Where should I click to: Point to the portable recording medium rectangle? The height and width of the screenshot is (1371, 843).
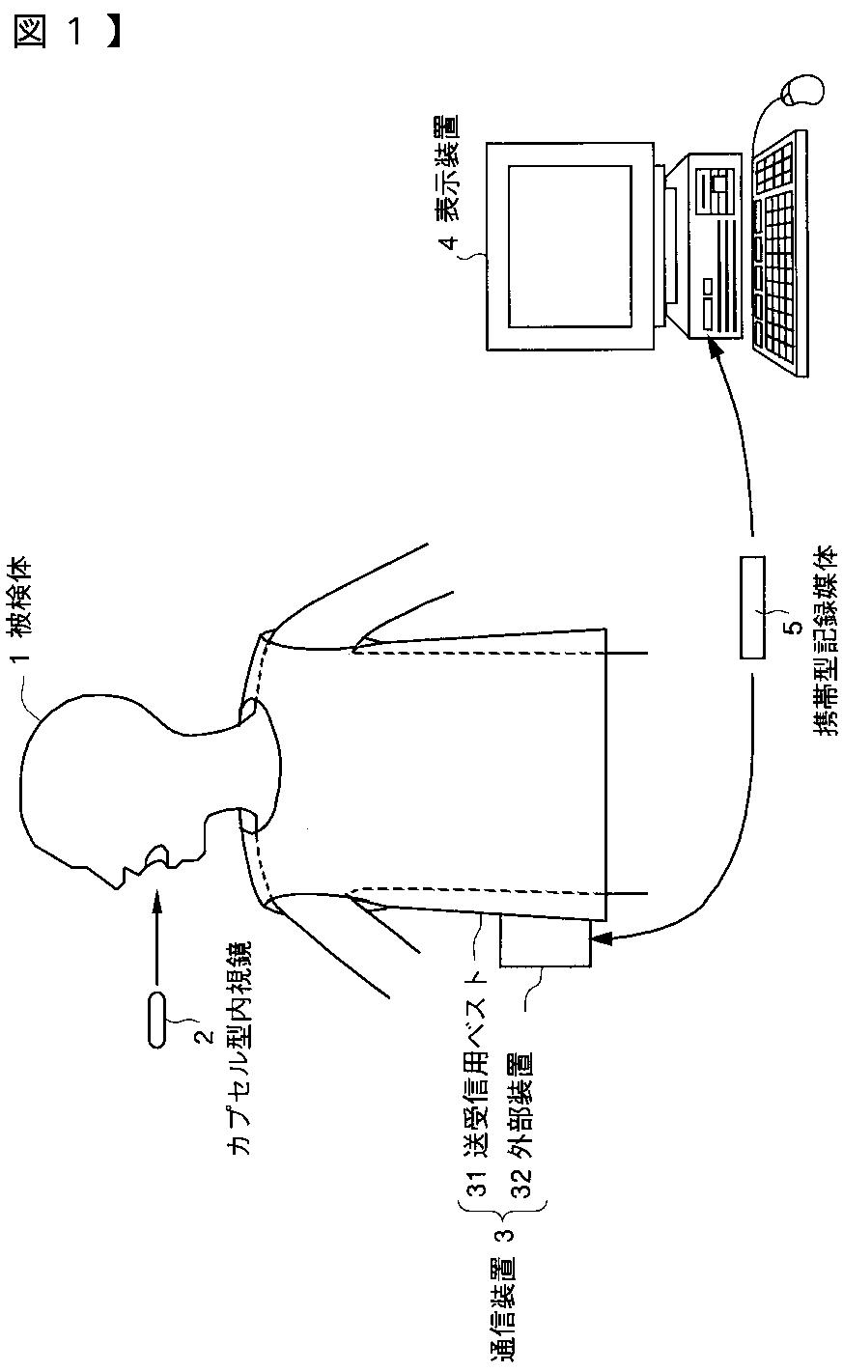tap(752, 607)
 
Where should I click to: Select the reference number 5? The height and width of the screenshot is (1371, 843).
tap(795, 627)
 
